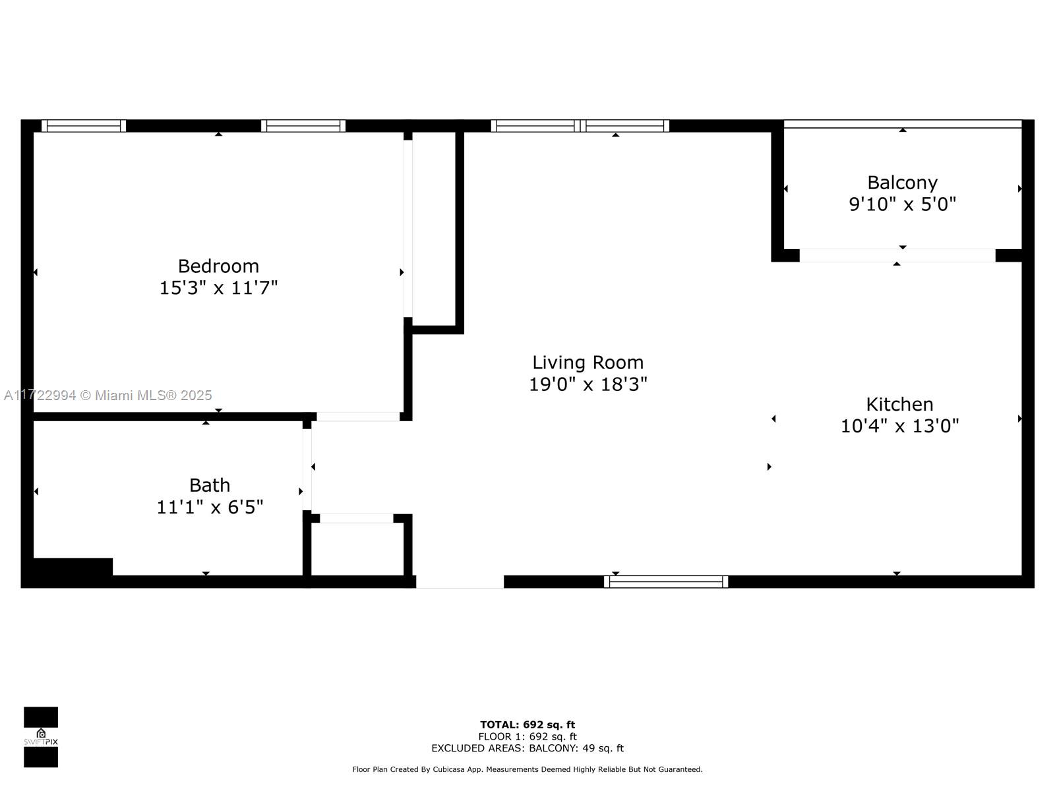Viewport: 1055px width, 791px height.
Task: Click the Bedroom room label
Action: (218, 266)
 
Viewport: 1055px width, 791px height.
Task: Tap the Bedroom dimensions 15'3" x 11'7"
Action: (218, 288)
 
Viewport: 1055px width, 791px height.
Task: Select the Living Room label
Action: (588, 363)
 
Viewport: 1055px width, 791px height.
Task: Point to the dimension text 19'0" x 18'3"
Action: (588, 384)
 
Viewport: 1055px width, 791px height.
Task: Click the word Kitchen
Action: (900, 404)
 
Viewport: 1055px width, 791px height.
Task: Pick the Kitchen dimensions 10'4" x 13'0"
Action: (900, 426)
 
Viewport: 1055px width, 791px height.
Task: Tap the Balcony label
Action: (902, 183)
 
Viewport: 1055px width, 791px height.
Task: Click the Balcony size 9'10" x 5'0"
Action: (902, 204)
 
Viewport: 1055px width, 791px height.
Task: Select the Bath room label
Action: (210, 485)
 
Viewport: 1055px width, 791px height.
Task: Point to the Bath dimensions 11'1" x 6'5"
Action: (210, 507)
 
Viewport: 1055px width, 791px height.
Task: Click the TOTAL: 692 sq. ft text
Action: (527, 724)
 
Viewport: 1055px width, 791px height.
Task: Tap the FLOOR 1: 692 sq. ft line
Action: (527, 737)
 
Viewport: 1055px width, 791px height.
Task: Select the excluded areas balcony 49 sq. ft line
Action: (527, 748)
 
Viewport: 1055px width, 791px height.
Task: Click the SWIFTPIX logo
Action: (41, 737)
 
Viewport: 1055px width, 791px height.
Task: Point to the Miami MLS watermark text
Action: (107, 395)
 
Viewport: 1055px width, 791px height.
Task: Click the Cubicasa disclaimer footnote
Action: (527, 769)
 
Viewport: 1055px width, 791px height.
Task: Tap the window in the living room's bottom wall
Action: (666, 581)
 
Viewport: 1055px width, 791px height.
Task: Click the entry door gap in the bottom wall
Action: (460, 581)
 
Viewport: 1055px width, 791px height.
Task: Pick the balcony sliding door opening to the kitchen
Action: (897, 256)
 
